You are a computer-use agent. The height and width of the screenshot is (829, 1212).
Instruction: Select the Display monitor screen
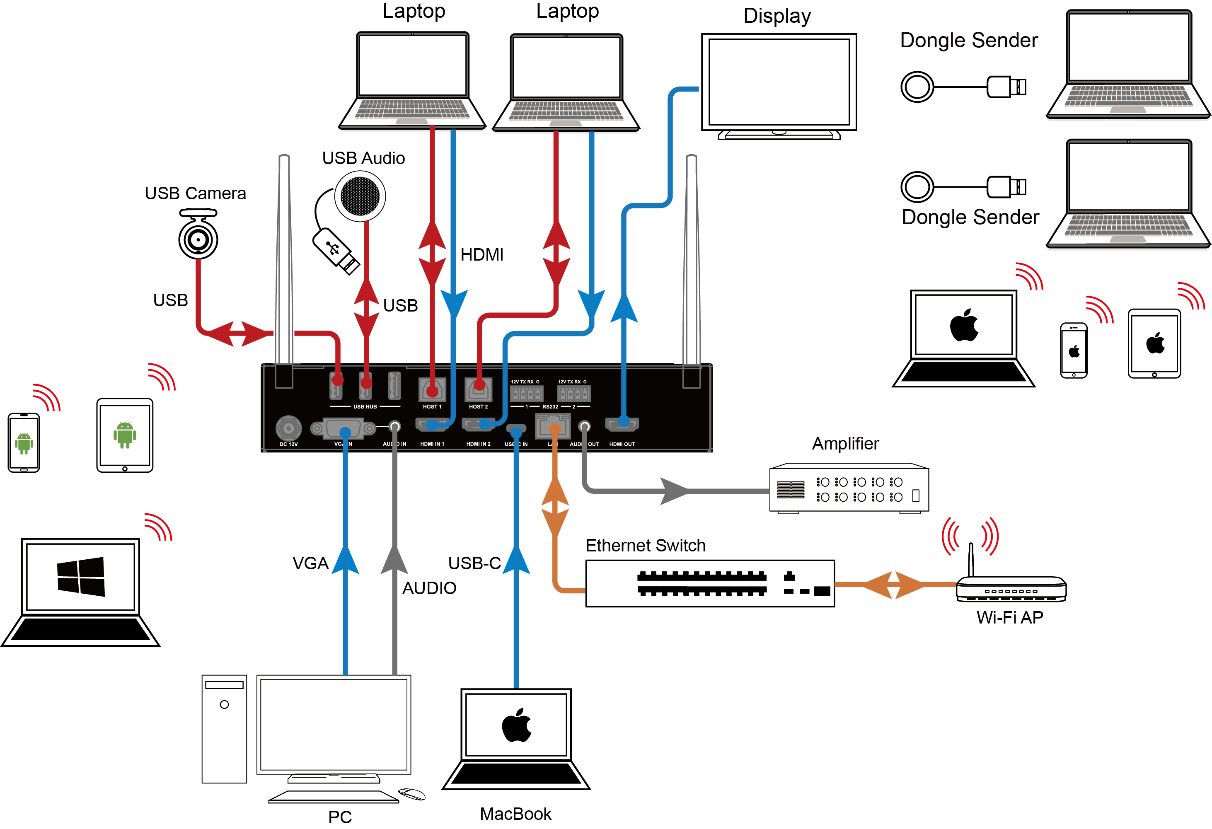pyautogui.click(x=779, y=82)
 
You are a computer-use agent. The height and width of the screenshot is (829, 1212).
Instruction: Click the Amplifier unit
pyautogui.click(x=849, y=488)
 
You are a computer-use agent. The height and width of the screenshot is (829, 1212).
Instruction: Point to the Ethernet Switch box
pyautogui.click(x=709, y=583)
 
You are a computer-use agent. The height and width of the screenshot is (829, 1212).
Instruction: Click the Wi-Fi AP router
pyautogui.click(x=1011, y=589)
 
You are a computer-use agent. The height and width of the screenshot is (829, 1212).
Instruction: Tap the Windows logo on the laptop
pyautogui.click(x=81, y=576)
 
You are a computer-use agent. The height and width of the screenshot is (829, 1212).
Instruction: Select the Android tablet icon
pyautogui.click(x=125, y=435)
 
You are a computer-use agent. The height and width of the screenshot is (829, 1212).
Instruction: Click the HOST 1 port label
pyautogui.click(x=432, y=407)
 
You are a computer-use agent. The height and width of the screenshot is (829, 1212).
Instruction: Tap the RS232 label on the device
pyautogui.click(x=550, y=407)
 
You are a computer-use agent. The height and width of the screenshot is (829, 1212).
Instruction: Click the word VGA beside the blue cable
pyautogui.click(x=310, y=563)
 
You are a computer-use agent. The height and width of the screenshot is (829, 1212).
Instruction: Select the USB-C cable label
pyautogui.click(x=474, y=563)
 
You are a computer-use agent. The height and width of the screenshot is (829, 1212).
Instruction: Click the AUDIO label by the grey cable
pyautogui.click(x=429, y=588)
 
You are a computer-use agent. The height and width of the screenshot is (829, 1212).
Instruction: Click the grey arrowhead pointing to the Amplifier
pyautogui.click(x=674, y=491)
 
